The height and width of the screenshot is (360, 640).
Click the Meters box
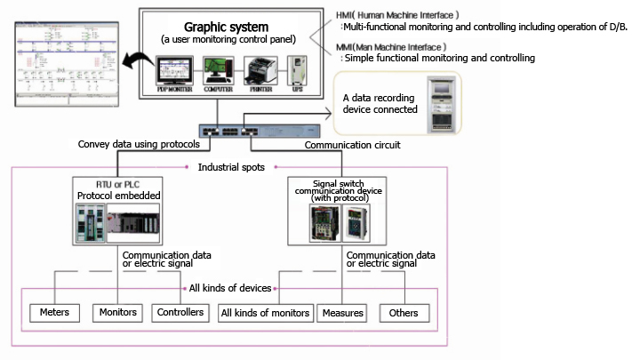[x=55, y=313]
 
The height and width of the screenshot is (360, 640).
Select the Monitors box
[x=117, y=313]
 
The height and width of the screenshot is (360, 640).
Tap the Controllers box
[x=181, y=313]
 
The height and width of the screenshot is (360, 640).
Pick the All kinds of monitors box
[x=266, y=313]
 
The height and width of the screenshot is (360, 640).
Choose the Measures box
[x=341, y=313]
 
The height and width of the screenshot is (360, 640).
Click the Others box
[x=404, y=313]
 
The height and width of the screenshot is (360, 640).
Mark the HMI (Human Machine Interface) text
[x=385, y=15]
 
